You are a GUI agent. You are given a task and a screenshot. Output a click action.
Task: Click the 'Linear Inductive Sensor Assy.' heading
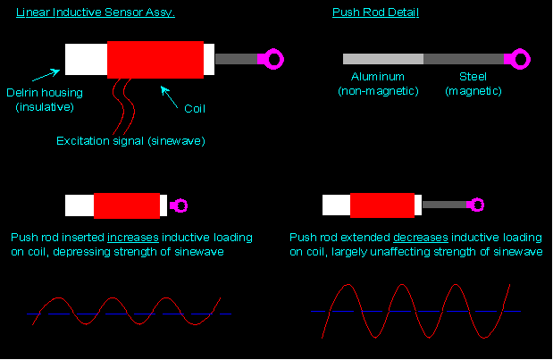96,13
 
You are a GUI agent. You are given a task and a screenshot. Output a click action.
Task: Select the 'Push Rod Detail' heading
375,13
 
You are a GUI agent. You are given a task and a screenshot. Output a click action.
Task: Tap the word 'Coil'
195,109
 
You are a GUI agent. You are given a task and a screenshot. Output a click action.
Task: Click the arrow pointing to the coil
169,97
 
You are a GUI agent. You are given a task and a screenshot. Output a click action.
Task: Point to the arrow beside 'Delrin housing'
46,75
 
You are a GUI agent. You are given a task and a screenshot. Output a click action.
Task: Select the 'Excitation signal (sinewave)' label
130,141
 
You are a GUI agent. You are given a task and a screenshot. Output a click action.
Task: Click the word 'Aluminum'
378,77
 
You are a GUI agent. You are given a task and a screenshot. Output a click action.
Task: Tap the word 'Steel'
473,77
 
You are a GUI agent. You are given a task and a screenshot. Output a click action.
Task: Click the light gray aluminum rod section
383,59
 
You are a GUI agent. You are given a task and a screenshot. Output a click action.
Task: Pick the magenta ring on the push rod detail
526,59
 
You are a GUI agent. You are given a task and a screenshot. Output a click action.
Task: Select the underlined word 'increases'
133,238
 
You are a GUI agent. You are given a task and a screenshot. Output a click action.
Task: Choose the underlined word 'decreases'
421,238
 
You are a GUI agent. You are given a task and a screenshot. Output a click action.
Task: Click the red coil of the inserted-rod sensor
127,206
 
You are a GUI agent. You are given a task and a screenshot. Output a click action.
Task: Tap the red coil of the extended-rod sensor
382,205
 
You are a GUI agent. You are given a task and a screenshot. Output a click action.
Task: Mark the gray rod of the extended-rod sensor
445,205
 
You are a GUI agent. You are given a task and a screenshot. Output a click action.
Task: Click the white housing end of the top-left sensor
86,59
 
